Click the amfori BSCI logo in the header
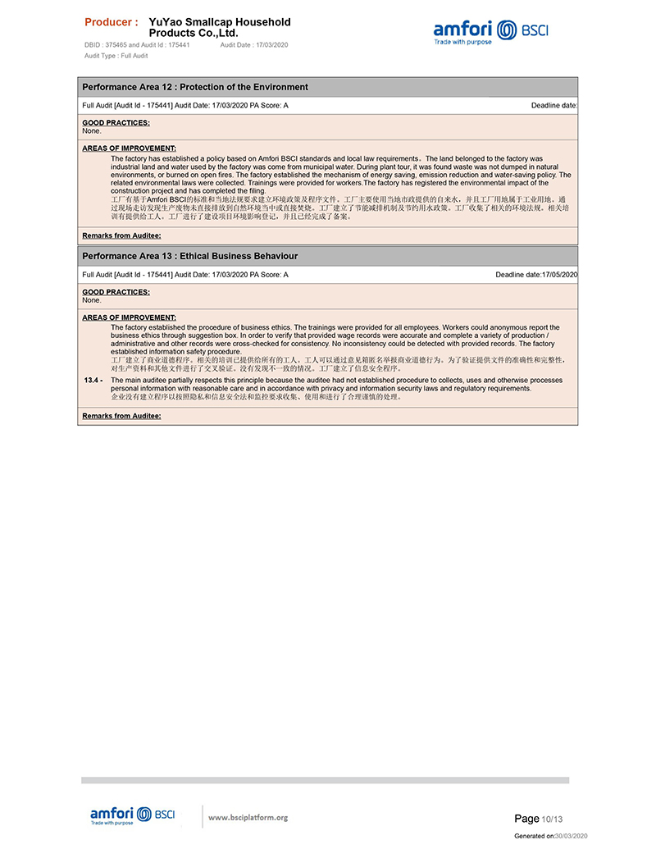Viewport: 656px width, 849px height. (x=490, y=32)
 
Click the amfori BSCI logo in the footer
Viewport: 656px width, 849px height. (x=132, y=815)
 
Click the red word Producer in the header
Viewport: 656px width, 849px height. (x=112, y=22)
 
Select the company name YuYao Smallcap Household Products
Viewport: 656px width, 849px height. (x=219, y=28)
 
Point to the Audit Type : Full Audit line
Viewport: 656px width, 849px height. (x=116, y=56)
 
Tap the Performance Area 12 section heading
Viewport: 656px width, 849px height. (x=195, y=87)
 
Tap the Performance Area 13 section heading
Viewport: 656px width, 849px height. (x=190, y=256)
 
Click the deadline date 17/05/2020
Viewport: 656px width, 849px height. (x=559, y=274)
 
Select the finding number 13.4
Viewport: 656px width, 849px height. (x=93, y=381)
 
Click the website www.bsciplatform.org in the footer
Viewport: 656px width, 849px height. (x=248, y=817)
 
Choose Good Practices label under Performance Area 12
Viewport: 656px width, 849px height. (x=116, y=123)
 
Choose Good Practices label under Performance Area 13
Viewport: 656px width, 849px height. (x=116, y=292)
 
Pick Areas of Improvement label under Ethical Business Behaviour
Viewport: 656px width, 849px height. (x=129, y=317)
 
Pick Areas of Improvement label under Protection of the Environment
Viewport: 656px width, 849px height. (x=129, y=148)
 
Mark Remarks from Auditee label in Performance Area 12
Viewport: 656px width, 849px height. (x=121, y=235)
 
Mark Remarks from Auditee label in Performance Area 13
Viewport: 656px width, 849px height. (x=121, y=416)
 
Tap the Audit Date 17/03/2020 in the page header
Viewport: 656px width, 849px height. (x=254, y=45)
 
